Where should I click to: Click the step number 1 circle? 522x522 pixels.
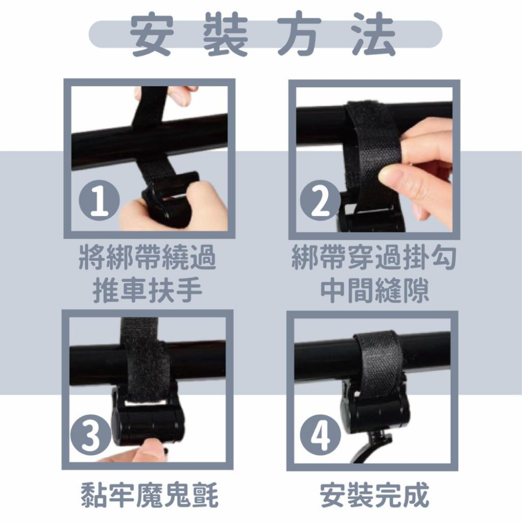(99, 200)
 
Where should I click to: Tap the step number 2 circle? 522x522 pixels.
(321, 200)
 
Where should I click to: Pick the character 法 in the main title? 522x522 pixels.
(374, 34)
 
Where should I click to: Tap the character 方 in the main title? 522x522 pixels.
(300, 34)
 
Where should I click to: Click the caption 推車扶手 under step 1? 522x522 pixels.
(148, 290)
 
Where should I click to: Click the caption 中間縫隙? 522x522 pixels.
(374, 290)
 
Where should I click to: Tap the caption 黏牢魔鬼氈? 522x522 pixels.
(150, 495)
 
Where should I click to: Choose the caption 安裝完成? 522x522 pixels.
(374, 495)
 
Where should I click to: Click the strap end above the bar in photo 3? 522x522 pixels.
(139, 329)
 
